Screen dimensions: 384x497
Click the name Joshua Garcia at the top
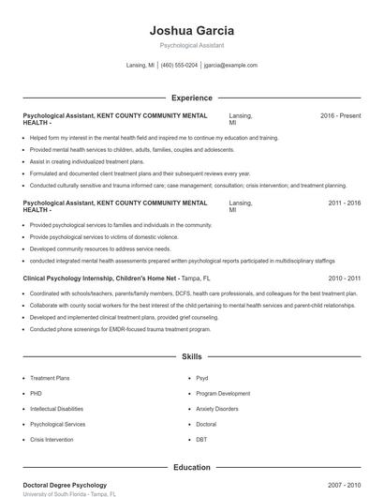coord(191,30)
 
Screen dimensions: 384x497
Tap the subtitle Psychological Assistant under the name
coord(191,45)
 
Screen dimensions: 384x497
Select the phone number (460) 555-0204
coord(179,66)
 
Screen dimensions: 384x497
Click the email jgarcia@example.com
coord(230,66)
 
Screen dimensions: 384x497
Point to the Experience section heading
coord(191,98)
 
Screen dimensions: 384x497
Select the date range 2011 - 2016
coord(344,203)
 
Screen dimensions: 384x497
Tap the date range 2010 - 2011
coord(344,279)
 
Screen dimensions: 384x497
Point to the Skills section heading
coord(191,357)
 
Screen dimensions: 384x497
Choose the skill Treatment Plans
coord(50,378)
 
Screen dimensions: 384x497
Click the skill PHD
coord(36,394)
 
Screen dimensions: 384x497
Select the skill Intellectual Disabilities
coord(56,409)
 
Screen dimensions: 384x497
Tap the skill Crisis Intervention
coord(51,439)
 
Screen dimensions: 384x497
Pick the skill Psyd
coord(202,378)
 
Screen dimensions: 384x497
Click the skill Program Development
coord(223,394)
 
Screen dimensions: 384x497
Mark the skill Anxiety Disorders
coord(218,409)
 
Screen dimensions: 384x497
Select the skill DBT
coord(201,439)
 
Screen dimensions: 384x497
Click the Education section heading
coord(191,467)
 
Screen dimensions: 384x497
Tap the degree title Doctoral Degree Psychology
coord(65,486)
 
